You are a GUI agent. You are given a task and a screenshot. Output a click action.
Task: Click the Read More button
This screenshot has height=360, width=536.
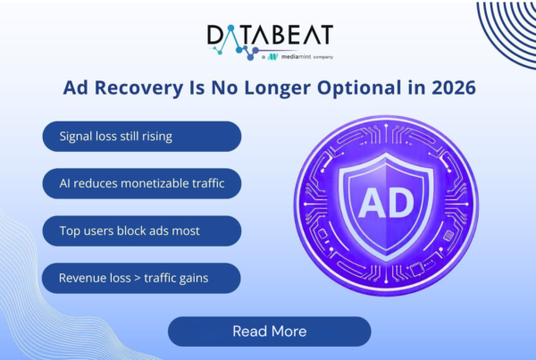[x=270, y=331]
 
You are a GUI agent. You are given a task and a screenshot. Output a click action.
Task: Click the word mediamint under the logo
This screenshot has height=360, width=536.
[x=296, y=57]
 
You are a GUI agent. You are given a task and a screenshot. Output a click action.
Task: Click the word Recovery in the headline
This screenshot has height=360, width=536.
[x=138, y=88]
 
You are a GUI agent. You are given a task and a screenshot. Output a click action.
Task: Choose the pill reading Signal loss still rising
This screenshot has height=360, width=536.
[x=142, y=137]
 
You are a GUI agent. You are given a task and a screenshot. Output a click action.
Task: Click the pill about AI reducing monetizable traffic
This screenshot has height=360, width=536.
[x=142, y=184]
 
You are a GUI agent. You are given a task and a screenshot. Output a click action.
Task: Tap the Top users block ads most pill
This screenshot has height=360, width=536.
[x=142, y=230]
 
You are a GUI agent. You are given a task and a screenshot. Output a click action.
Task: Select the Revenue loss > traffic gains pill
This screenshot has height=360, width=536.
[x=141, y=278]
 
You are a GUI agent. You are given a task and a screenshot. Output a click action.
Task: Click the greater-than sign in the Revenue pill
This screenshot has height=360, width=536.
[x=138, y=279]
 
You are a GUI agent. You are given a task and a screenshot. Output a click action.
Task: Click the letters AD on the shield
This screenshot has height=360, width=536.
[x=386, y=204]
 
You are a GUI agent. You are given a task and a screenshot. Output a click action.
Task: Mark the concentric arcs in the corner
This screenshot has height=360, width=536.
[x=506, y=30]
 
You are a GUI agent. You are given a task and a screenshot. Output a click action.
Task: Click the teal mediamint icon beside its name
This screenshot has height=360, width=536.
[x=272, y=57]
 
